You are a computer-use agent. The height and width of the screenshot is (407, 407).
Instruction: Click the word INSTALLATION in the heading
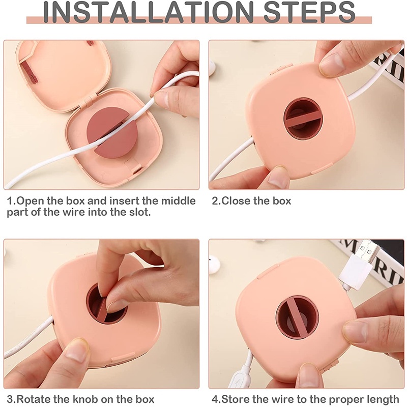(148, 12)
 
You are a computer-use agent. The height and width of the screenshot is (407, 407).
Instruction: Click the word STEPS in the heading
(309, 12)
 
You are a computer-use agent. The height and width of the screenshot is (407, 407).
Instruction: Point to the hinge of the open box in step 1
(86, 100)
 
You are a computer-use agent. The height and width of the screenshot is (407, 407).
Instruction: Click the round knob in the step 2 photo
(303, 118)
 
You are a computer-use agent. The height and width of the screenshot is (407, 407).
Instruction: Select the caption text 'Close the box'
(256, 201)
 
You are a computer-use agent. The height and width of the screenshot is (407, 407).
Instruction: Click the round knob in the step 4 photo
(297, 317)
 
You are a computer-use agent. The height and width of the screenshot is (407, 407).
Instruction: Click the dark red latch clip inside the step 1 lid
(28, 72)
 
